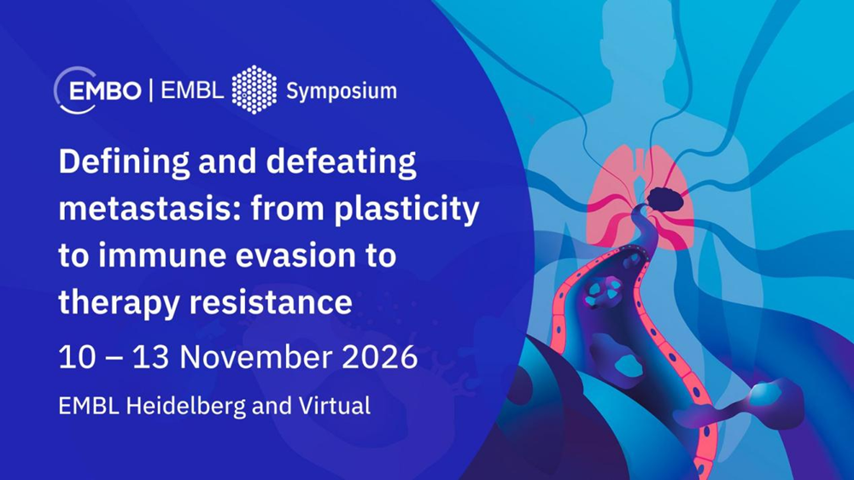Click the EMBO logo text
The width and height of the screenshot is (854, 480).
(x=105, y=91)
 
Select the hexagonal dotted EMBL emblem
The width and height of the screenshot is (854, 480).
(x=254, y=90)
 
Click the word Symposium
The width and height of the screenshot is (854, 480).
(x=342, y=91)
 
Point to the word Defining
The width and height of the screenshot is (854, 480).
(x=124, y=162)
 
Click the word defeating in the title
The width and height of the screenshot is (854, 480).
(x=342, y=162)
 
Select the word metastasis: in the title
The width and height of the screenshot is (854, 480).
(x=149, y=208)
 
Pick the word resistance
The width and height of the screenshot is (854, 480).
(x=271, y=302)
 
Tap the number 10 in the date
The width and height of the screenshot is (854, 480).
(x=77, y=358)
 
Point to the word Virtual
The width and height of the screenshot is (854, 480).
(x=335, y=406)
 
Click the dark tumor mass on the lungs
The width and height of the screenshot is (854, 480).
(x=665, y=198)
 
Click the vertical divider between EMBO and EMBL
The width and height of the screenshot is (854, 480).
(x=151, y=91)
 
